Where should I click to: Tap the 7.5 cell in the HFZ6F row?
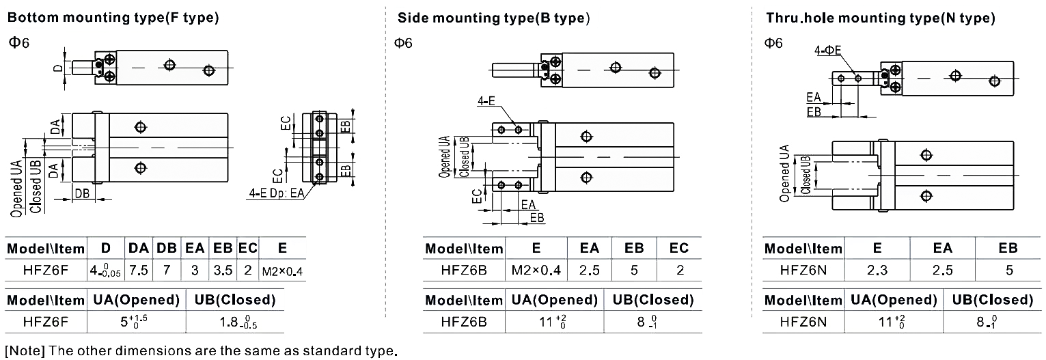(139, 270)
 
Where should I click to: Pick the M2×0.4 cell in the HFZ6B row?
(536, 270)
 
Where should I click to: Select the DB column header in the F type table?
(166, 249)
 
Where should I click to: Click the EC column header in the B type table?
(680, 249)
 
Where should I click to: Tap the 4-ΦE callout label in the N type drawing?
(827, 51)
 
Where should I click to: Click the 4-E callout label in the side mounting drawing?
(486, 102)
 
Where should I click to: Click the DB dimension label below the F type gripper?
(82, 193)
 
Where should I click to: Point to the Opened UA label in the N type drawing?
(785, 174)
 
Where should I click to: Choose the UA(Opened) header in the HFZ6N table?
(893, 300)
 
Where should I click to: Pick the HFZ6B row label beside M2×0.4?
(463, 270)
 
